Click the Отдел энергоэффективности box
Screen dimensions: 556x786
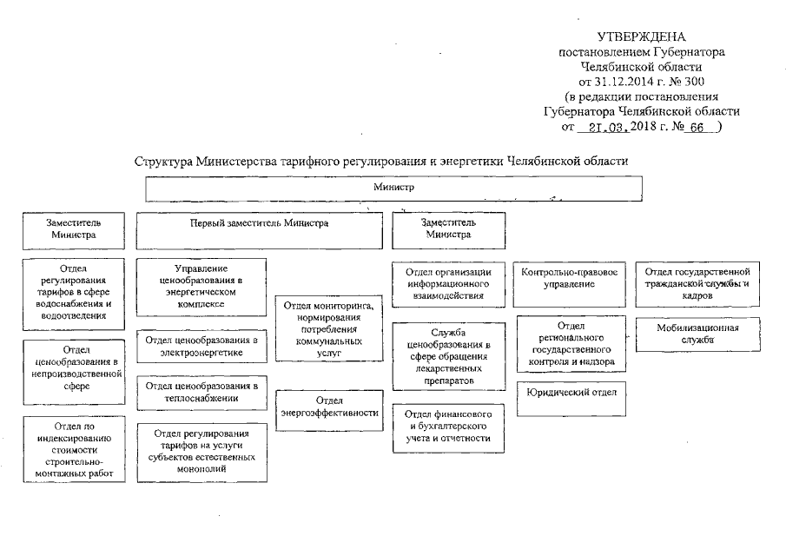(328, 407)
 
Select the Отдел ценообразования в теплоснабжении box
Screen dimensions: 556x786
(202, 392)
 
